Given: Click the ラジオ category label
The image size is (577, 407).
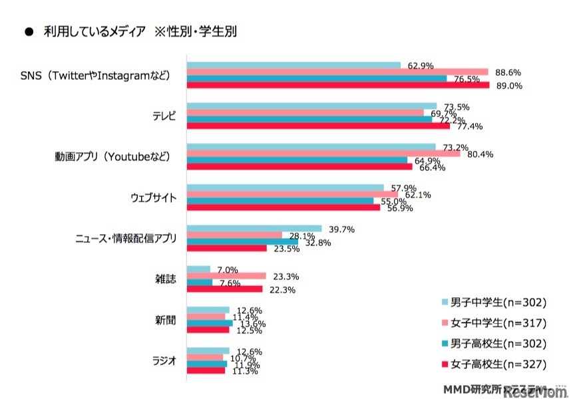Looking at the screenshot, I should click(166, 361).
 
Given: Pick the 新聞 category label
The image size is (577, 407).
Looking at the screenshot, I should click(166, 320).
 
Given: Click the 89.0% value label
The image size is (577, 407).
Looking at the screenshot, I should click(509, 86).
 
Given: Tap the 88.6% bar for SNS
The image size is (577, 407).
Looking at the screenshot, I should click(337, 72).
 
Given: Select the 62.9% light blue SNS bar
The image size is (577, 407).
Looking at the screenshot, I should click(293, 65).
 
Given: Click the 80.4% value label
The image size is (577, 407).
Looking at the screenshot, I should click(479, 155).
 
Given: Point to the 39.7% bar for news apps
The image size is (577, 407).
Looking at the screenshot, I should click(254, 229).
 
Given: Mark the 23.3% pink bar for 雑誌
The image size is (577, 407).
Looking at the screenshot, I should click(226, 276).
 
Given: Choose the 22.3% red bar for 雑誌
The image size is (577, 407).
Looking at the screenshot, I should click(224, 289).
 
